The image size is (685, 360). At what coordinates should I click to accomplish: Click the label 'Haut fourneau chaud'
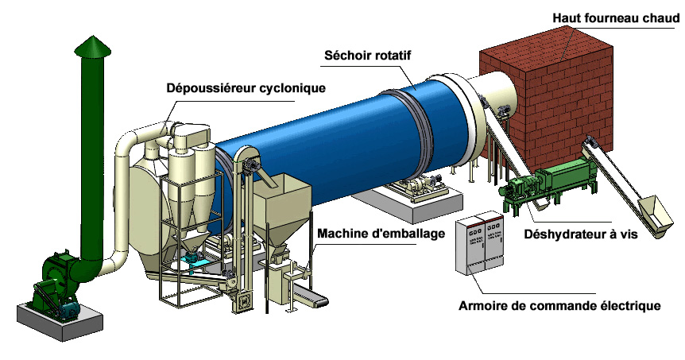pos(616,17)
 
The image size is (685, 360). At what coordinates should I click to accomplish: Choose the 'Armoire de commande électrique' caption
pos(559,305)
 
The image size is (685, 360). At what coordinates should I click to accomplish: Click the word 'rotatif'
pos(397,56)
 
